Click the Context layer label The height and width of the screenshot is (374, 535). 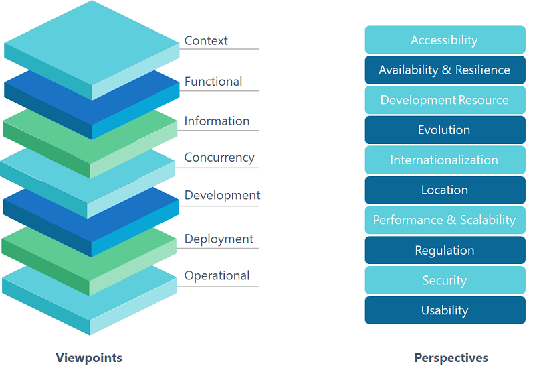206,41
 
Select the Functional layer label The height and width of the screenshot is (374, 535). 213,82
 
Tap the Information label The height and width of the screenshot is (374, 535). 217,121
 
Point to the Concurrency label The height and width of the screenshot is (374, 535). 219,158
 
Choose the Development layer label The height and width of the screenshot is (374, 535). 222,196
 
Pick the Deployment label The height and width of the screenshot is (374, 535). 219,239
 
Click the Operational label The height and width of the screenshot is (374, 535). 217,276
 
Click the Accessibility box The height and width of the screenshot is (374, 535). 445,40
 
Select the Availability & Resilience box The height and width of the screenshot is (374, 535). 445,70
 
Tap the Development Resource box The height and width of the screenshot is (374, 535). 445,101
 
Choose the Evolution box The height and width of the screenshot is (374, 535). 445,130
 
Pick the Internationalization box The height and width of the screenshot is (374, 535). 445,160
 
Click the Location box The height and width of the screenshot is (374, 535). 445,190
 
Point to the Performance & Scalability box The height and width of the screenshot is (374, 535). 445,221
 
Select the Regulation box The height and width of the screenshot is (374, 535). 445,251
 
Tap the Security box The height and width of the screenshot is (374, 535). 445,281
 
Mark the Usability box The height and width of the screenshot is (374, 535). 445,310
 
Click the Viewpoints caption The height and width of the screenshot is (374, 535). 89,357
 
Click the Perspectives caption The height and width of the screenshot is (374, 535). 451,357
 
